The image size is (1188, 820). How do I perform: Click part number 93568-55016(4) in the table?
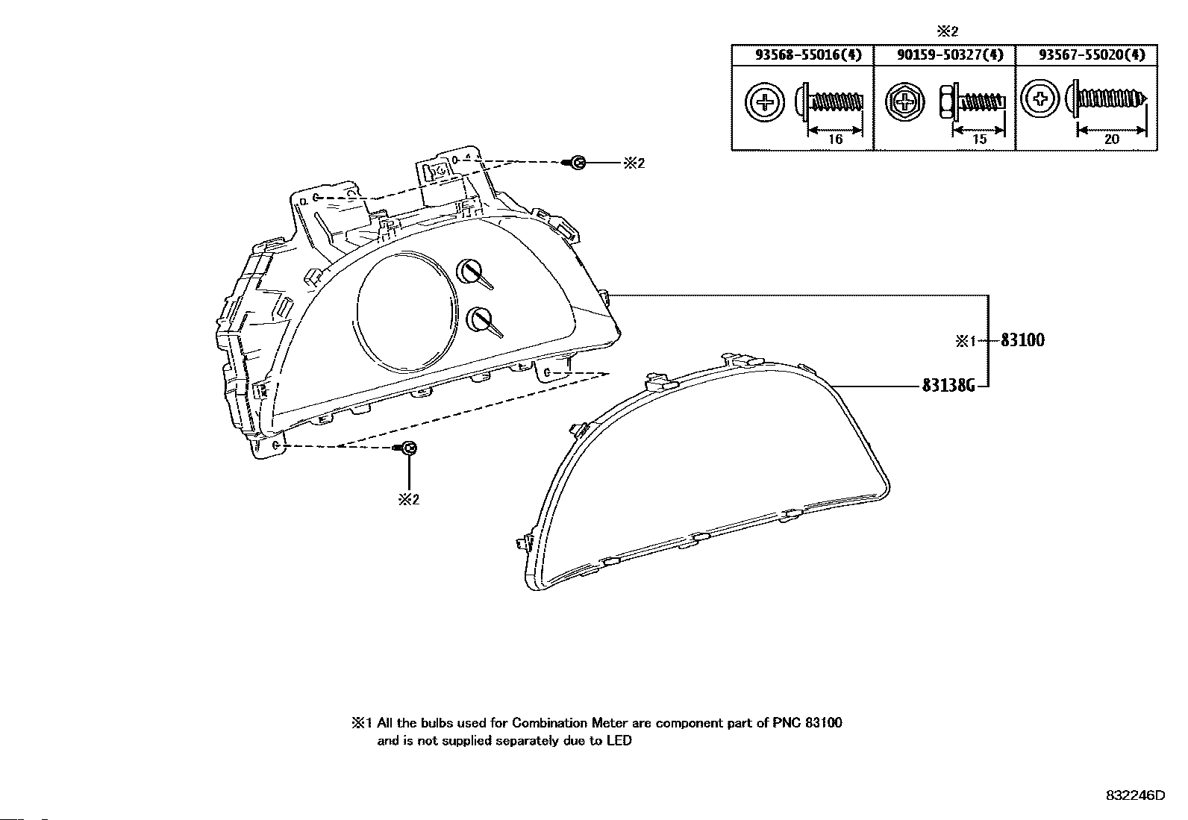pos(801,54)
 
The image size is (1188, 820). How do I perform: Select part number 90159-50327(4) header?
pos(944,54)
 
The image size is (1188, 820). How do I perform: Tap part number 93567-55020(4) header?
pos(1087,54)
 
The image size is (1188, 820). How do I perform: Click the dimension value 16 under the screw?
pos(835,140)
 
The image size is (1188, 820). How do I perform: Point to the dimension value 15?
pos(979,140)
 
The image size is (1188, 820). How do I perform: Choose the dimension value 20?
pos(1111,140)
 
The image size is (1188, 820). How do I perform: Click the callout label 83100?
pos(1022,340)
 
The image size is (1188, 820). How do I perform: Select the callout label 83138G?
pos(948,386)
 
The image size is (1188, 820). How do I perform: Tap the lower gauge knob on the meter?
pos(478,319)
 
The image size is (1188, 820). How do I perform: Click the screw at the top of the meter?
pos(577,163)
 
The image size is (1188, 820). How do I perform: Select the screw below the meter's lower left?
pos(408,448)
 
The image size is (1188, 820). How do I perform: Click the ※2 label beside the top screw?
pos(634,163)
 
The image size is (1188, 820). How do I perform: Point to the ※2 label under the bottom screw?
pos(408,499)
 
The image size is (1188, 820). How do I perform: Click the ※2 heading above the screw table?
pos(947,31)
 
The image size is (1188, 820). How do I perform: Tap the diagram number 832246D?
pos(1134,795)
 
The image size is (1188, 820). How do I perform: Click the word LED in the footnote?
pos(618,741)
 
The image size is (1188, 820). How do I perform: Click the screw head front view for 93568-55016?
pos(765,102)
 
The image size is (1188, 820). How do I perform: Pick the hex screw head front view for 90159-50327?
pos(905,103)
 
